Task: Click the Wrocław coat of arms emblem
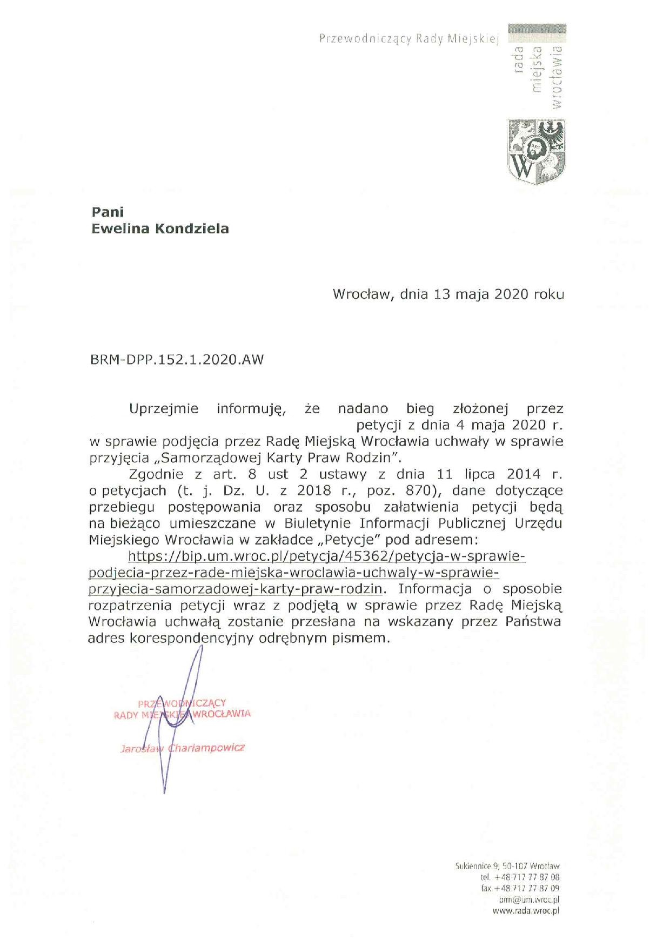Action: pos(536,152)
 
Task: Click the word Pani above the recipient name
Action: pos(108,212)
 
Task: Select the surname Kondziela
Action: pos(192,229)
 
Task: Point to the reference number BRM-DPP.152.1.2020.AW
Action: pos(177,360)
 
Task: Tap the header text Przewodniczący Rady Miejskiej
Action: pos(408,39)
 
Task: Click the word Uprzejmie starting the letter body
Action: pos(164,408)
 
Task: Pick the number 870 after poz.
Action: pos(419,491)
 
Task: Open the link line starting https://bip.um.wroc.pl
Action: pos(326,556)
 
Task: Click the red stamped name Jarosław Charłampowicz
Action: pos(183,748)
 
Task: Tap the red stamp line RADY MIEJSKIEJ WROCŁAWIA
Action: pos(182,714)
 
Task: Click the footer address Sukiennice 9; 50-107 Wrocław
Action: pos(507,866)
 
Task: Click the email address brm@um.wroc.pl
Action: pos(529,899)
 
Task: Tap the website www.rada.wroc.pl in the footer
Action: pos(526,911)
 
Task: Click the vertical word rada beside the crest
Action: pos(519,59)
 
